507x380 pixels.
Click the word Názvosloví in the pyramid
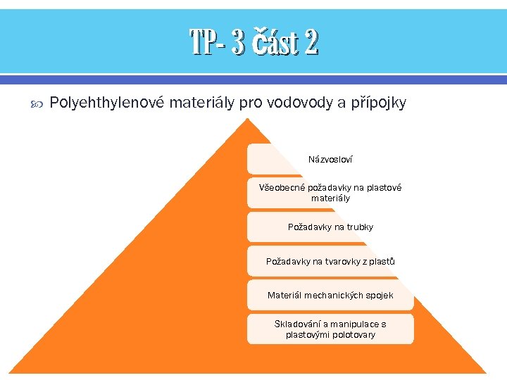click(330, 160)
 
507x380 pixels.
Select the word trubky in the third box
click(359, 227)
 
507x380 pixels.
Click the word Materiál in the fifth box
click(284, 295)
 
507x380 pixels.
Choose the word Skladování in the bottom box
click(298, 324)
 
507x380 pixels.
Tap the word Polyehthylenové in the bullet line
click(107, 103)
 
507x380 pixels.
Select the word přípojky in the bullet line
click(378, 103)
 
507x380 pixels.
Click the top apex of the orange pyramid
click(246, 120)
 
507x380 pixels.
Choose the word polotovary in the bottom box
click(354, 335)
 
